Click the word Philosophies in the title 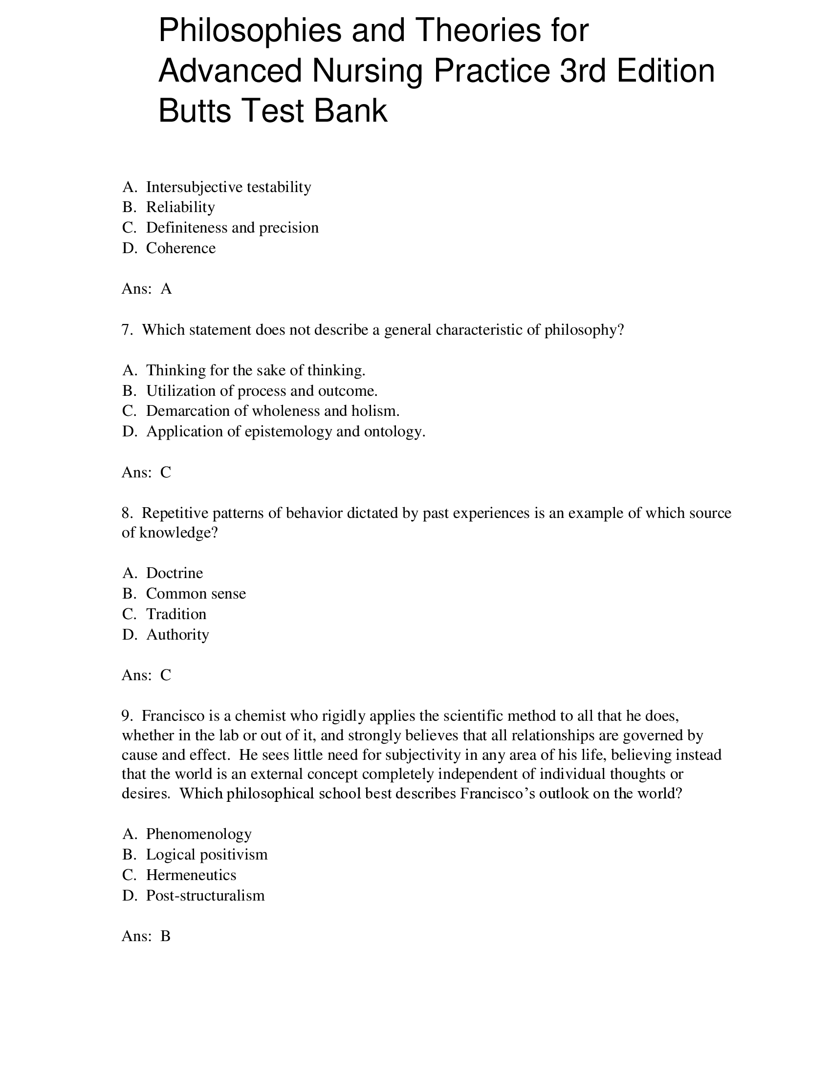point(250,30)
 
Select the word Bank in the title point(350,111)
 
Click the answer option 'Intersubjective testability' point(228,187)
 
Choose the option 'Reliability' point(180,207)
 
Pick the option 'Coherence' point(181,248)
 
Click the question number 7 point(127,330)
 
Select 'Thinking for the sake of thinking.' point(256,370)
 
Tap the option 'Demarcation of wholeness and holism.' point(273,411)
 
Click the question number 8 point(127,513)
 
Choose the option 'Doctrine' point(175,573)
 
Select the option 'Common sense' point(196,594)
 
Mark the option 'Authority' point(177,634)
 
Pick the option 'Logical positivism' point(207,855)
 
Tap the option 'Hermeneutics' point(191,875)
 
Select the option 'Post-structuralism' point(205,895)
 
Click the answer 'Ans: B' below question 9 point(146,936)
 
